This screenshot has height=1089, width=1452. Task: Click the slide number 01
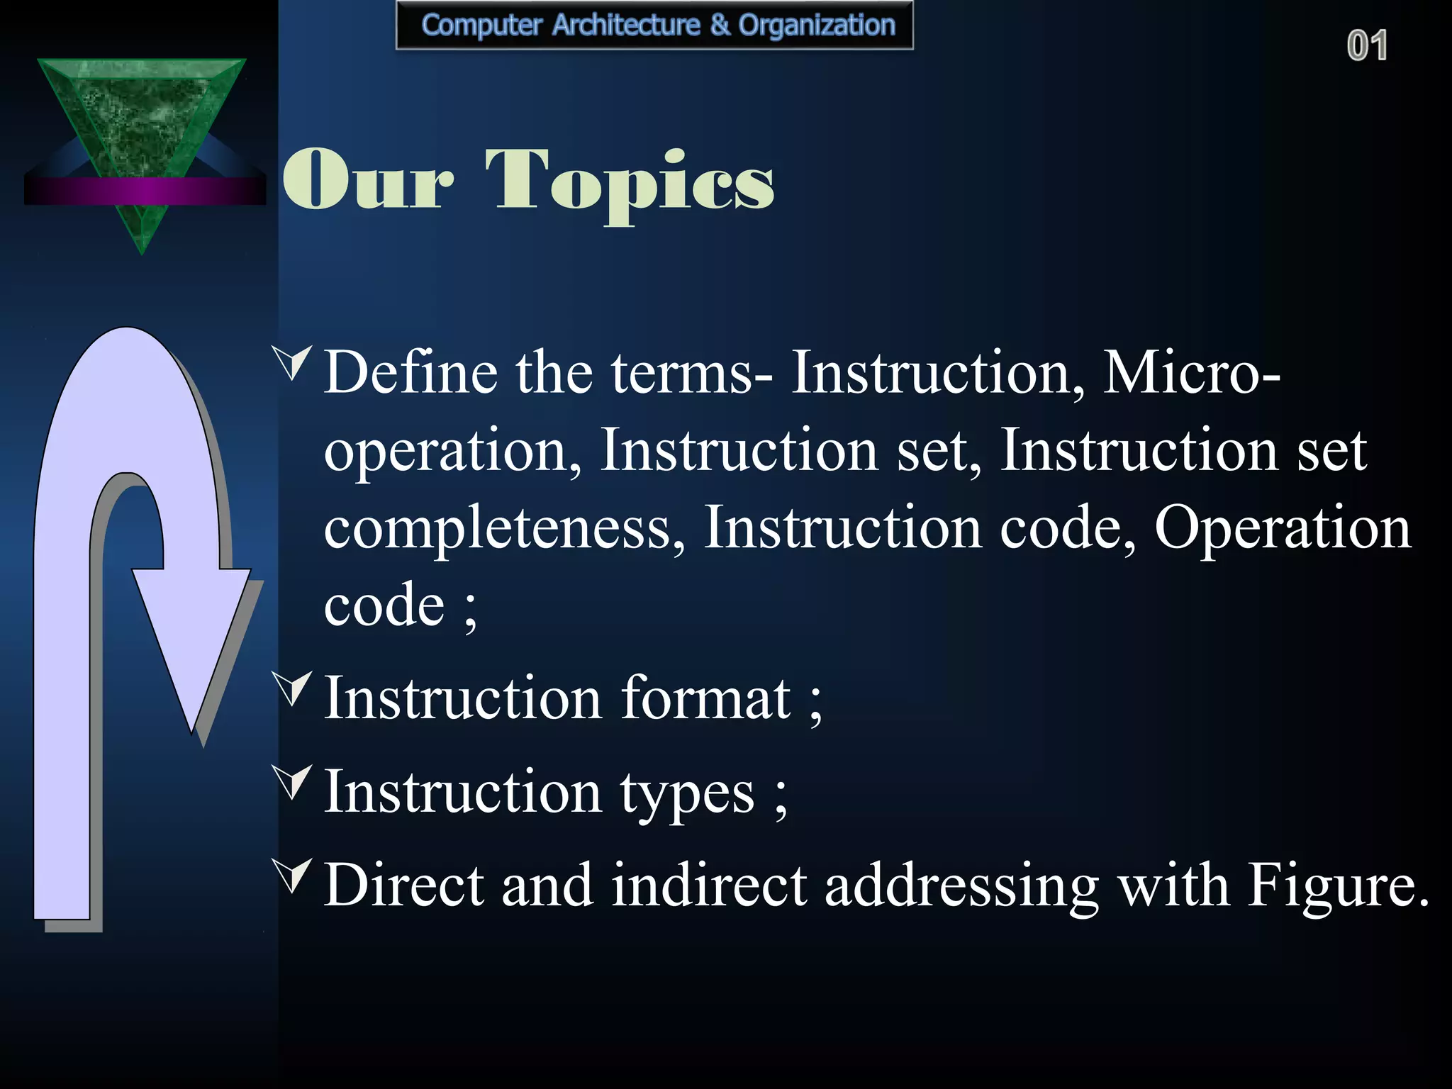pos(1367,46)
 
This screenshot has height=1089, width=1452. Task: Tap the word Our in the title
pos(367,181)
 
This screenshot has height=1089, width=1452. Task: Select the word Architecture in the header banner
pos(626,26)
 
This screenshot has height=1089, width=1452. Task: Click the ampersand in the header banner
pos(719,26)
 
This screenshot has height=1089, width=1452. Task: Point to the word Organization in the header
pos(817,26)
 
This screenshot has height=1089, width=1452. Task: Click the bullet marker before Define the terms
pos(293,362)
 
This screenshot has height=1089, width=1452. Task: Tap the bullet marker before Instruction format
pos(293,688)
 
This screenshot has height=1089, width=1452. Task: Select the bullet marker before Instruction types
pos(293,781)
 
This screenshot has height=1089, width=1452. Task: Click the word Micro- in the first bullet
pos(1191,372)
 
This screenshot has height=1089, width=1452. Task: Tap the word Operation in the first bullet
pos(1282,528)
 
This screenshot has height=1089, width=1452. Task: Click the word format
pos(706,698)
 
